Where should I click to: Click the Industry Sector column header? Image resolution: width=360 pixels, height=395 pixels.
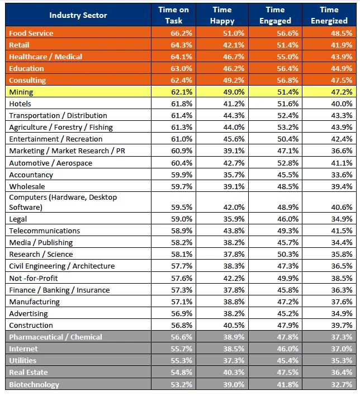point(78,15)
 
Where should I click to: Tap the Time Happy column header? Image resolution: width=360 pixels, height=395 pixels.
point(222,15)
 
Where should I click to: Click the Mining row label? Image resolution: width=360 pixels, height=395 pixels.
point(21,92)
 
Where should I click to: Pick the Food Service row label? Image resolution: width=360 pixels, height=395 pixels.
point(31,33)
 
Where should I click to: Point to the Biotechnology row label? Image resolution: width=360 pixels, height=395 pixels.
point(34,384)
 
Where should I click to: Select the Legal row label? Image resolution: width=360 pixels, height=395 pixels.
point(18,219)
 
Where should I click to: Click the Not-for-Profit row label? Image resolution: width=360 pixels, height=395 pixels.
point(33,278)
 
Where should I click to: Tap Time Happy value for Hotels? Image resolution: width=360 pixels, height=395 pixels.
point(234,104)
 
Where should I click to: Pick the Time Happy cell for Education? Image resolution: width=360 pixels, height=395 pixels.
point(234,68)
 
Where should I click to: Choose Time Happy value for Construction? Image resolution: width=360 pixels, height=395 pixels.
point(234,325)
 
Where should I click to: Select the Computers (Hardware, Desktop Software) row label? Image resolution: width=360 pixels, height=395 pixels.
point(63,202)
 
